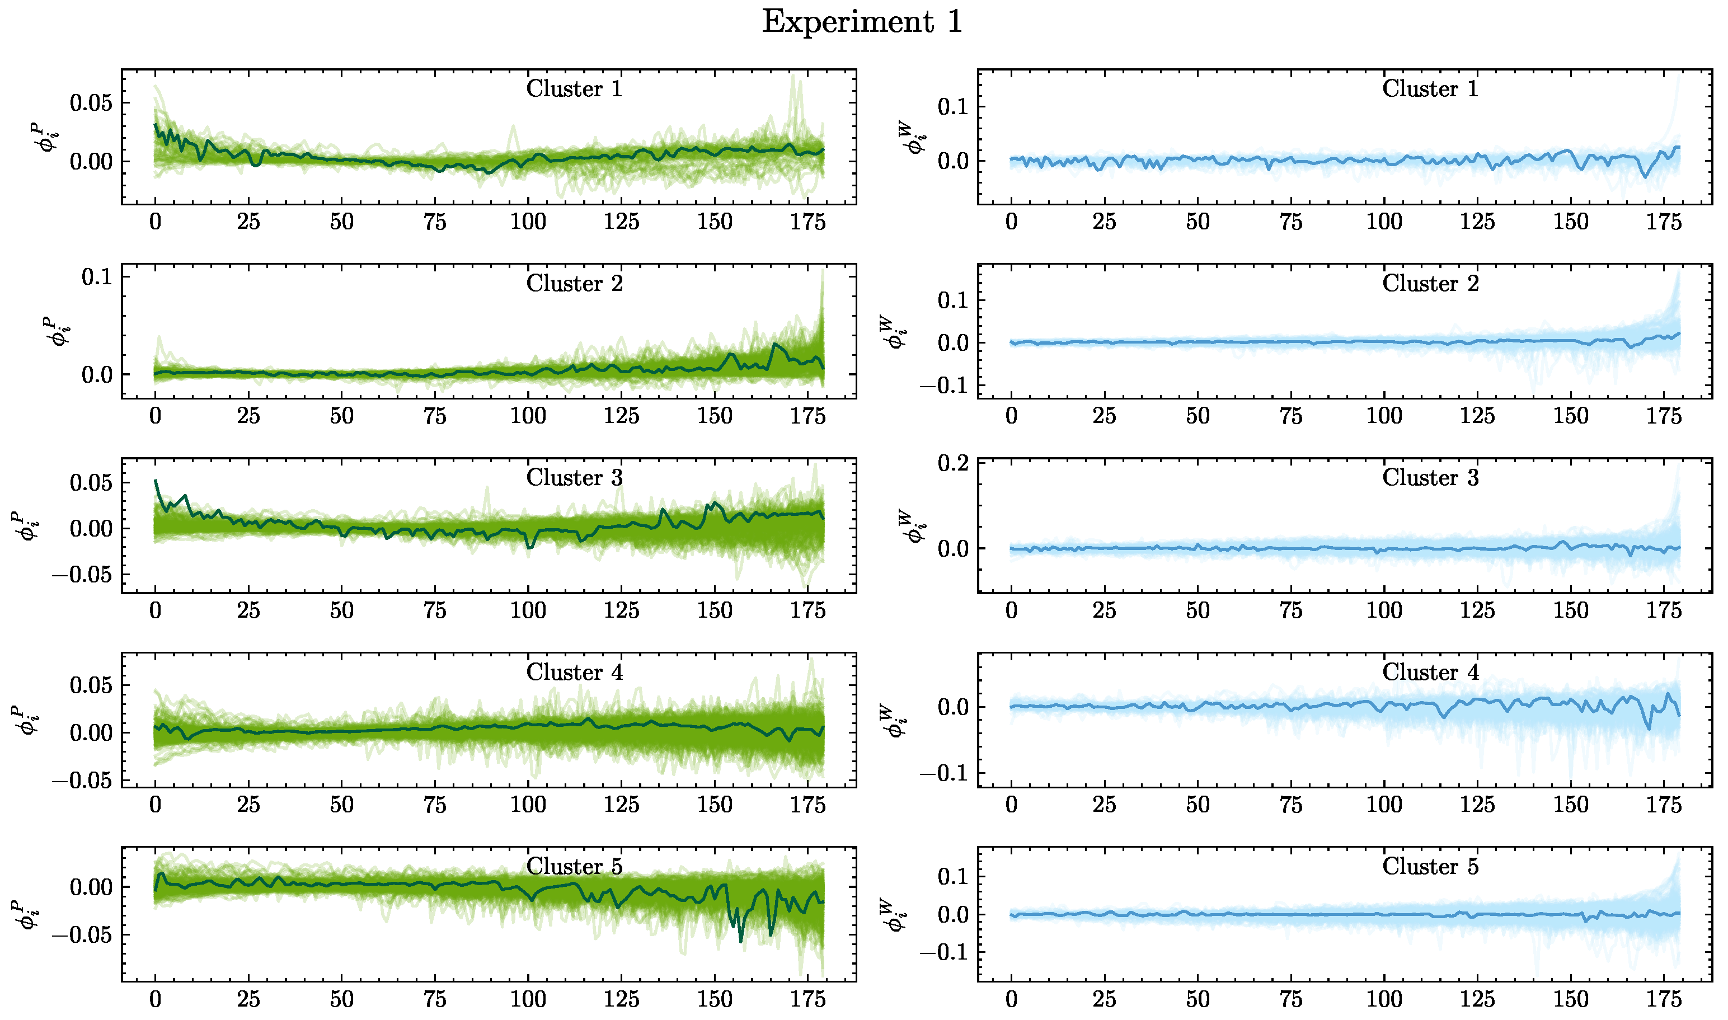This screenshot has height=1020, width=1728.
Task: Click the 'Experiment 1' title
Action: [863, 22]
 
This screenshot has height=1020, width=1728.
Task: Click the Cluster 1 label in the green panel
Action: [574, 88]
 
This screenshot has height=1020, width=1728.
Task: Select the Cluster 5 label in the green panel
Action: [574, 866]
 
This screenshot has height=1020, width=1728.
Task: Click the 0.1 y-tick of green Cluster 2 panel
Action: [96, 277]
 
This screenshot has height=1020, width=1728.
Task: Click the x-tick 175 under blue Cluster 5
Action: [1664, 999]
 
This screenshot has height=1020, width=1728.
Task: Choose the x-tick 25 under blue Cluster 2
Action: [1104, 416]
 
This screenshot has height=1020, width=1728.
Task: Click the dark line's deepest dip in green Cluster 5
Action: [741, 941]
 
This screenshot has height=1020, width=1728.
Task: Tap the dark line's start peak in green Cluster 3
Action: [156, 481]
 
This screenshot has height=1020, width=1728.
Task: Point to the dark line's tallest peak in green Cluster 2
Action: [774, 344]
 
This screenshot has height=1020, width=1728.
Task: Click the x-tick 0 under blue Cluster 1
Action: [1011, 222]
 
